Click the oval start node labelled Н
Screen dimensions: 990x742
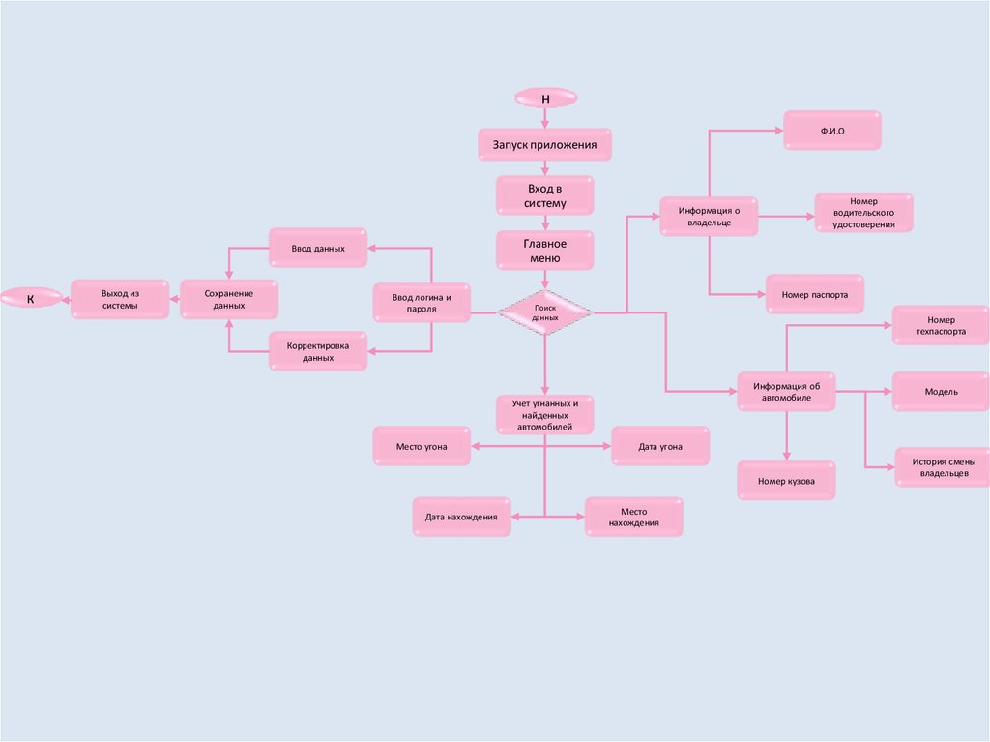coord(545,98)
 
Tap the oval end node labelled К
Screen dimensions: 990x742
coord(30,299)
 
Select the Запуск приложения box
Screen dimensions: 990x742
coord(545,145)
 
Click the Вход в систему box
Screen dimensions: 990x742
coord(545,195)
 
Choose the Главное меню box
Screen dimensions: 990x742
coord(545,251)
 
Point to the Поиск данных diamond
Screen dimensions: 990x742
coord(545,312)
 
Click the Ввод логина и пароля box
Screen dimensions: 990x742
coord(422,302)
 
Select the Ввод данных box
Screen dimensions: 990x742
coord(317,249)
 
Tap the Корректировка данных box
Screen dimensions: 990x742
coord(317,350)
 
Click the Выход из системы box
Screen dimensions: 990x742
coord(120,299)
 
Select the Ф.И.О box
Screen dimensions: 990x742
coord(832,130)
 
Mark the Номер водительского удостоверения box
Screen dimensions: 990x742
coord(863,213)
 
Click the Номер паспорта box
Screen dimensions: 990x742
coord(815,294)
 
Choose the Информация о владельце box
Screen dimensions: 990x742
coord(709,216)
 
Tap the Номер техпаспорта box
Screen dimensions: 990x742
coord(941,325)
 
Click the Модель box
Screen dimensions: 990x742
coord(941,392)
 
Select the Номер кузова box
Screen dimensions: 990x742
coord(786,481)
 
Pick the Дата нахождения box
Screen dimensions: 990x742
coord(461,518)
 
